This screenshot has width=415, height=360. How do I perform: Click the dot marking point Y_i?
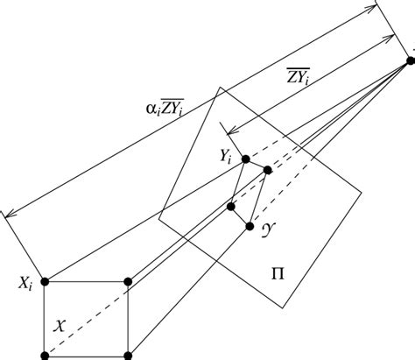pyautogui.click(x=245, y=159)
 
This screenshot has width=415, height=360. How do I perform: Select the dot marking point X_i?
pyautogui.click(x=45, y=281)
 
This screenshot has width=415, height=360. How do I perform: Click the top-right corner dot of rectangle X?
pyautogui.click(x=129, y=281)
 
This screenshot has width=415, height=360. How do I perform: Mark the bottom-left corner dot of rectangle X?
pyautogui.click(x=45, y=355)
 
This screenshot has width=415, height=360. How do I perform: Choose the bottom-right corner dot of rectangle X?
pyautogui.click(x=129, y=355)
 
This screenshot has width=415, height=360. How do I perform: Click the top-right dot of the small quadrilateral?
pyautogui.click(x=268, y=169)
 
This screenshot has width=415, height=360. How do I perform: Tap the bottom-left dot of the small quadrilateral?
pyautogui.click(x=231, y=207)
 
